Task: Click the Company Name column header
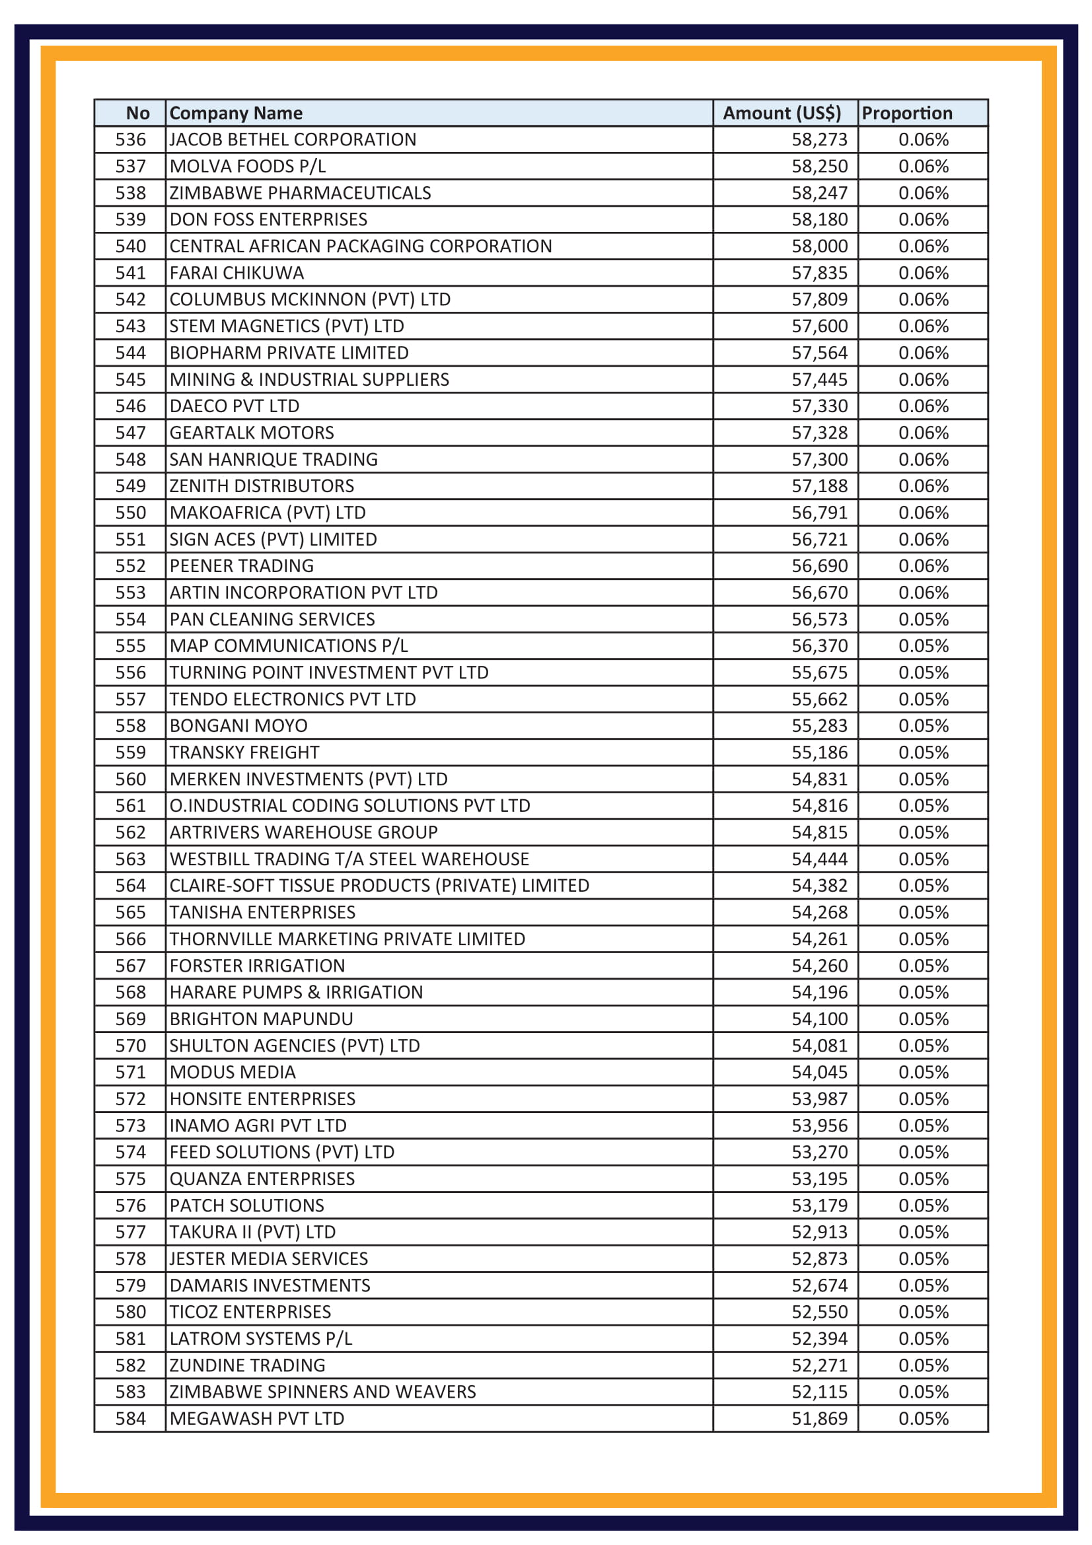point(236,113)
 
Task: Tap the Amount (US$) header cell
point(781,113)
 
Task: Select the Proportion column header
point(906,113)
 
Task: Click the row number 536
point(131,140)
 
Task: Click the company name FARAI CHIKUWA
point(237,273)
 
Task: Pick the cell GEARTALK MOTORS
point(252,433)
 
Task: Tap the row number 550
point(131,513)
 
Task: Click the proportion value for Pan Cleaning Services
point(923,619)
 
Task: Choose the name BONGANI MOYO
point(238,726)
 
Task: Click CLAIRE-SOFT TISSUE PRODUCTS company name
point(379,886)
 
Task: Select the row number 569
point(131,1019)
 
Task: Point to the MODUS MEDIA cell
point(233,1072)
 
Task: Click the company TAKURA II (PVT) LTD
point(252,1232)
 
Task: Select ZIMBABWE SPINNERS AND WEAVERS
point(322,1392)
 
